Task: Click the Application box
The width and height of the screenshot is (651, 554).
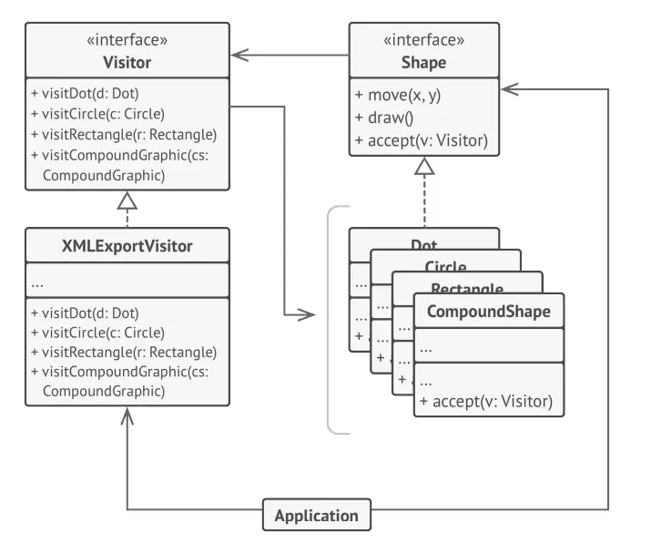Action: (317, 515)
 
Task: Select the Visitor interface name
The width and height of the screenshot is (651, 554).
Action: (127, 63)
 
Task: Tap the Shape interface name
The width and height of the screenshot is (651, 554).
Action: (424, 63)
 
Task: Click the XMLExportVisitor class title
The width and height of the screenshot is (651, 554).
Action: (127, 245)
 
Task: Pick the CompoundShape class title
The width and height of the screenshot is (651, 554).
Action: (488, 311)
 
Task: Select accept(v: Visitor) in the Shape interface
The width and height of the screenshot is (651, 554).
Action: (422, 140)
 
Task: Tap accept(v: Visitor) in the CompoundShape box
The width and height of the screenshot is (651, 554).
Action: (485, 402)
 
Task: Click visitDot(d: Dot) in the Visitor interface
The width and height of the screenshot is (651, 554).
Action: (84, 92)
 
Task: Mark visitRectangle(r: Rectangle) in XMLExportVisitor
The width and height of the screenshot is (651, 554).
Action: (122, 351)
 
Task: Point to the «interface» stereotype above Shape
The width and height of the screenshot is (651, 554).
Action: (424, 41)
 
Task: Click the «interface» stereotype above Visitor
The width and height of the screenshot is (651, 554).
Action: (127, 41)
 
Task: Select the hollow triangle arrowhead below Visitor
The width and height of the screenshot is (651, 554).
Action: (127, 200)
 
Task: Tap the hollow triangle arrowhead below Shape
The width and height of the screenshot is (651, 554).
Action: (424, 167)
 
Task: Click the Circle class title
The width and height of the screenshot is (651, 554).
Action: (445, 266)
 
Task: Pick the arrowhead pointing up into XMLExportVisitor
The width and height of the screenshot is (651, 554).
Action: (127, 415)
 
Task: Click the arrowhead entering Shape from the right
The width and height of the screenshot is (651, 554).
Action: (509, 89)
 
